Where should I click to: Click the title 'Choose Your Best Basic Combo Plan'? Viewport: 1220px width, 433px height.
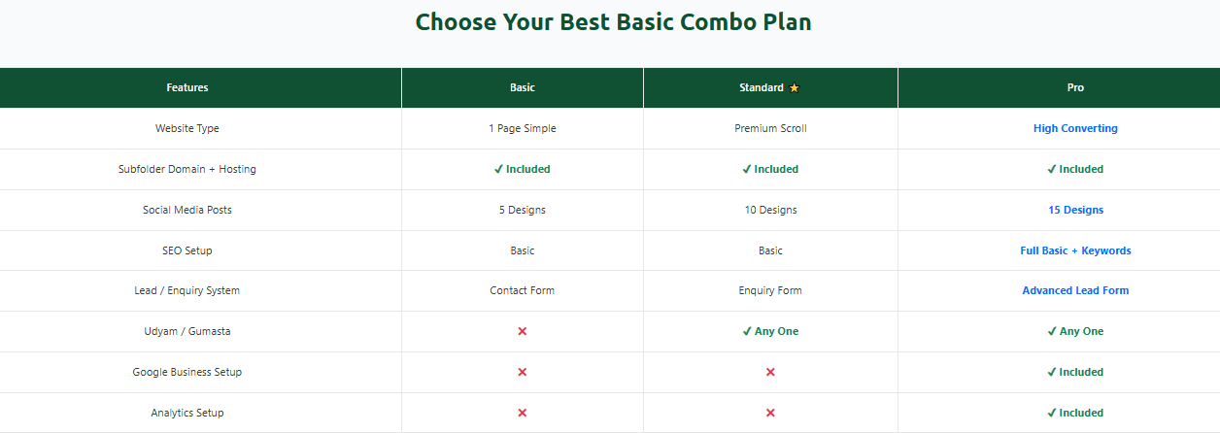tap(613, 21)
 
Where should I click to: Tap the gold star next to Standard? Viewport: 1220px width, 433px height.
tap(795, 88)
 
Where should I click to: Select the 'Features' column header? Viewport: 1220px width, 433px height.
tap(187, 87)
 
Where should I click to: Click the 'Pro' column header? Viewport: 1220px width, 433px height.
tap(1075, 87)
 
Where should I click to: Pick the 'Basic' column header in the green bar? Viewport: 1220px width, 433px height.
tap(523, 87)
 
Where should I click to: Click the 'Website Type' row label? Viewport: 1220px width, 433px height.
tap(187, 128)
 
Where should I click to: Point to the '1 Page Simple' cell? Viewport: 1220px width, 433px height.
tap(523, 128)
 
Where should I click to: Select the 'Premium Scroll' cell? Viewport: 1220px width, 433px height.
tap(770, 128)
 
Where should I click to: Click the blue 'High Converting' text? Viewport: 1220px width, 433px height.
tap(1075, 128)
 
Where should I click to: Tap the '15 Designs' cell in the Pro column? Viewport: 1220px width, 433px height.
tap(1075, 210)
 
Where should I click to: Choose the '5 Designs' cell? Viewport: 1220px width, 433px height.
tap(523, 210)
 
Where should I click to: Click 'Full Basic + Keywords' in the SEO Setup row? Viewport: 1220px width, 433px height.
tap(1075, 250)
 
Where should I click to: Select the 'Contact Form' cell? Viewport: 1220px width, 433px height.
tap(523, 290)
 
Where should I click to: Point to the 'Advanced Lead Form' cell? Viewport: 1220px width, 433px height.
tap(1075, 290)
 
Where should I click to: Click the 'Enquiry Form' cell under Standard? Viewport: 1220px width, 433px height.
tap(770, 290)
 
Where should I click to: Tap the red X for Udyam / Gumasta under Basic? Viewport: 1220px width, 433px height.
tap(523, 331)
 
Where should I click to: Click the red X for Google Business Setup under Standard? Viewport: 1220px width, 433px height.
tap(770, 372)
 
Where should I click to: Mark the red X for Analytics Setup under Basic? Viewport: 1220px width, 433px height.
tap(523, 413)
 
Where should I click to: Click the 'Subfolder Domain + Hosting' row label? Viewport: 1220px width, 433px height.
tap(187, 169)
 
